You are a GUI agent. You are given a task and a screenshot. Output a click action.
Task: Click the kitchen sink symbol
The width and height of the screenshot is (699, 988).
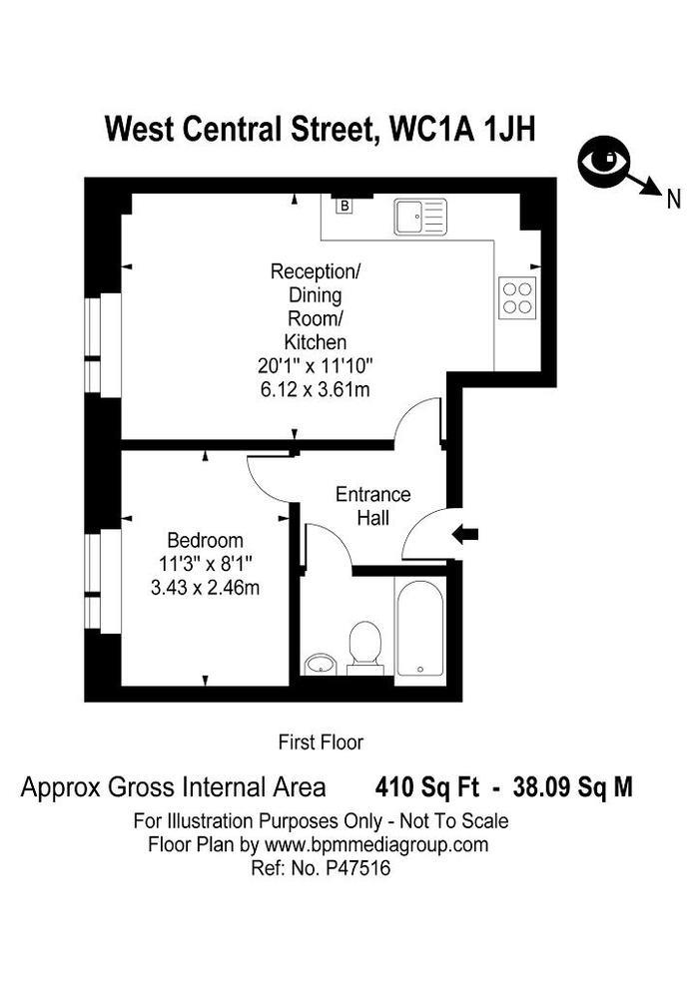tap(420, 217)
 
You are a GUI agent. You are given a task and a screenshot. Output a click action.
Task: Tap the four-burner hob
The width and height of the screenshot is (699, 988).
tap(517, 297)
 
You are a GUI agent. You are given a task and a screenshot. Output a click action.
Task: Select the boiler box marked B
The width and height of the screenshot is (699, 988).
tap(345, 207)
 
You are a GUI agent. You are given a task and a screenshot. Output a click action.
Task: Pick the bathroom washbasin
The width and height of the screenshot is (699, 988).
tap(321, 664)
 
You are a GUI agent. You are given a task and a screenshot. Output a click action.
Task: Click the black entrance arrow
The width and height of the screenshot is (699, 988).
tap(465, 535)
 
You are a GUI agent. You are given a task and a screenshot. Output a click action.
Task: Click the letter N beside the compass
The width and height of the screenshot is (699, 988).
tap(675, 199)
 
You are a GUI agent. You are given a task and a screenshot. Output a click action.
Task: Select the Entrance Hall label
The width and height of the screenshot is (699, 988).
tap(372, 506)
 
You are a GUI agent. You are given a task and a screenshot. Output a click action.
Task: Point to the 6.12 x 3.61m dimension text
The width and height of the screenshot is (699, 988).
tap(314, 389)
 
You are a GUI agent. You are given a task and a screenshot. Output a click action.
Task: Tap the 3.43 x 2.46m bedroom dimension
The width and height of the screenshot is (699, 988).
tap(205, 588)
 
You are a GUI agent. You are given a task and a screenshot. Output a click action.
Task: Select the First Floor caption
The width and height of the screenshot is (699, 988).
tap(320, 741)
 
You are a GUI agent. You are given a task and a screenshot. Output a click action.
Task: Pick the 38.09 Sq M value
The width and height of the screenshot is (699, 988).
tap(572, 787)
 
